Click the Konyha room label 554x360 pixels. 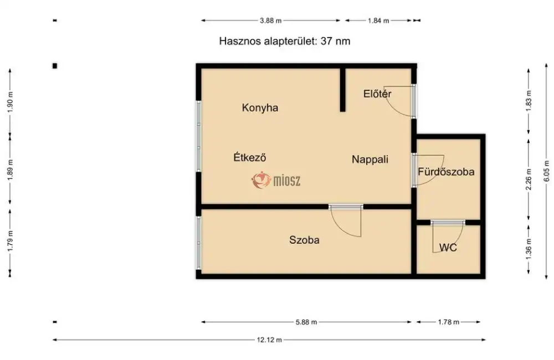coord(260,108)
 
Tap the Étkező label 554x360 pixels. coord(250,157)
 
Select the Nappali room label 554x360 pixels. coord(370,160)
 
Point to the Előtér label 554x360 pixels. coord(377,94)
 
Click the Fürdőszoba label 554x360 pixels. coord(446,172)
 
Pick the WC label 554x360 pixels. coord(448,248)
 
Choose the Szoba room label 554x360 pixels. coord(304,240)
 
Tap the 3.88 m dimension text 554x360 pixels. coord(270,20)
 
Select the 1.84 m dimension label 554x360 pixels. coord(378,20)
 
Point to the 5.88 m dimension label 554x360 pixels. coord(306,322)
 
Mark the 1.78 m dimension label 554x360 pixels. coord(448,322)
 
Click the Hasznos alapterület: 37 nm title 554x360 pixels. coord(284,41)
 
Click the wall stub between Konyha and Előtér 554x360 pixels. coord(343,89)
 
